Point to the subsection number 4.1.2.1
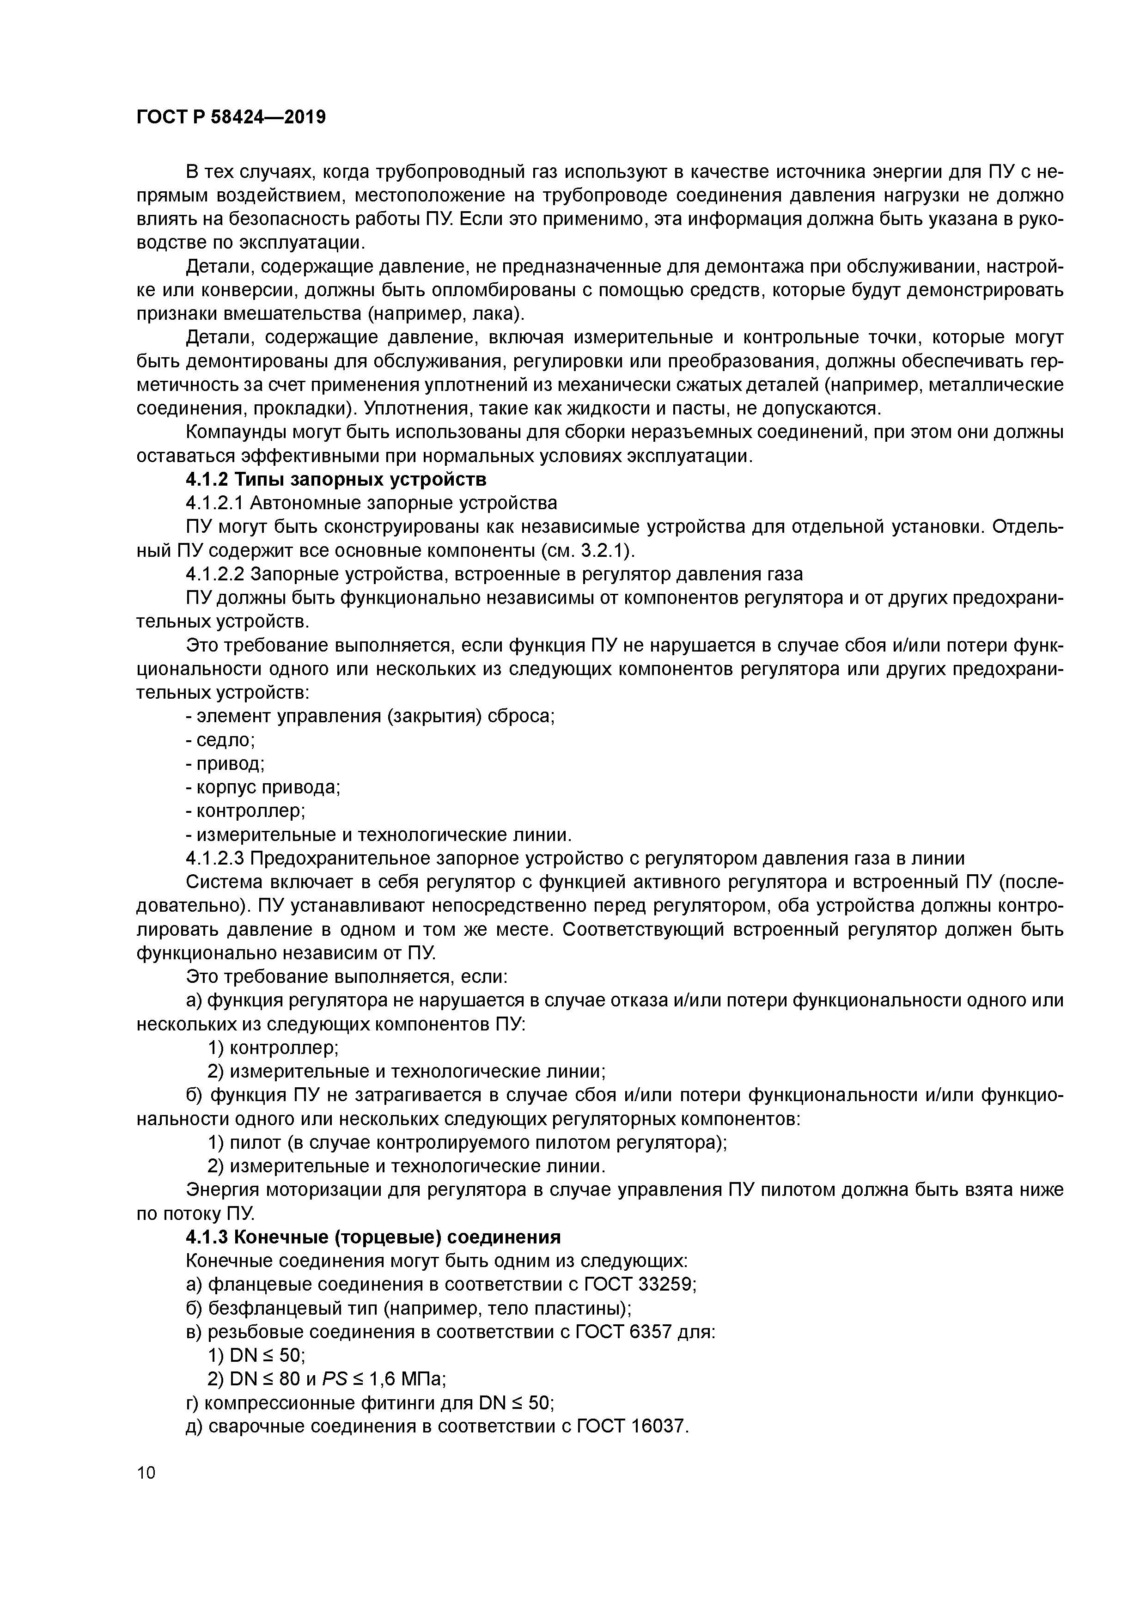(x=214, y=503)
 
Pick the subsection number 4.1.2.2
(x=214, y=574)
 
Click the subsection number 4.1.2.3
(x=214, y=859)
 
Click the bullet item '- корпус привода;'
(x=262, y=787)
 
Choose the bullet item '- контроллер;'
(x=246, y=811)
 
